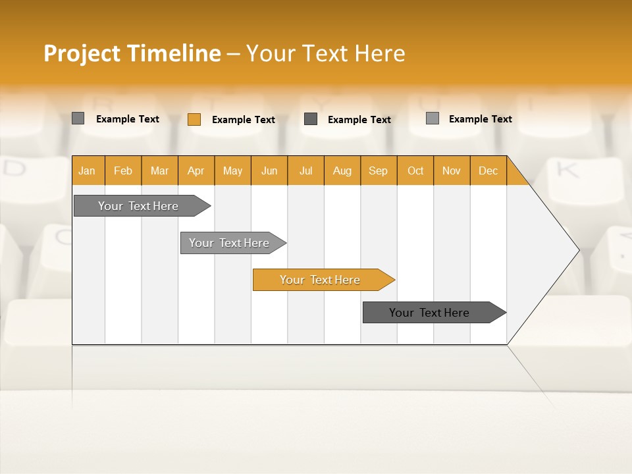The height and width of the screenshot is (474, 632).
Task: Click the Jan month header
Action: [x=87, y=171]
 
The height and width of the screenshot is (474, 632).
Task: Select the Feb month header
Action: [x=123, y=171]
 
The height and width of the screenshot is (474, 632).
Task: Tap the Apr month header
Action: [x=196, y=171]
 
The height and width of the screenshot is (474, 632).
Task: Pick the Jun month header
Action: [x=269, y=171]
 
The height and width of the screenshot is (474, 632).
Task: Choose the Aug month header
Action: [x=342, y=171]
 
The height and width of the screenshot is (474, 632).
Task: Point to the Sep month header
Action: [x=378, y=171]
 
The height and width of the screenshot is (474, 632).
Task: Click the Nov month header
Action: [x=451, y=171]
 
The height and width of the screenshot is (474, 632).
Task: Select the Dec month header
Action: [x=488, y=171]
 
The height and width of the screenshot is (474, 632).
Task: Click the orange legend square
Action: [x=194, y=119]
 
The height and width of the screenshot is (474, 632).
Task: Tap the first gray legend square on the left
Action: [x=78, y=118]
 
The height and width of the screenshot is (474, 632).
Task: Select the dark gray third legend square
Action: [x=311, y=118]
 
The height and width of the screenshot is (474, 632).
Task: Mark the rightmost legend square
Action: [x=433, y=118]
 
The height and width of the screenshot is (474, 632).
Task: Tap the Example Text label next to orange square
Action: [x=243, y=119]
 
